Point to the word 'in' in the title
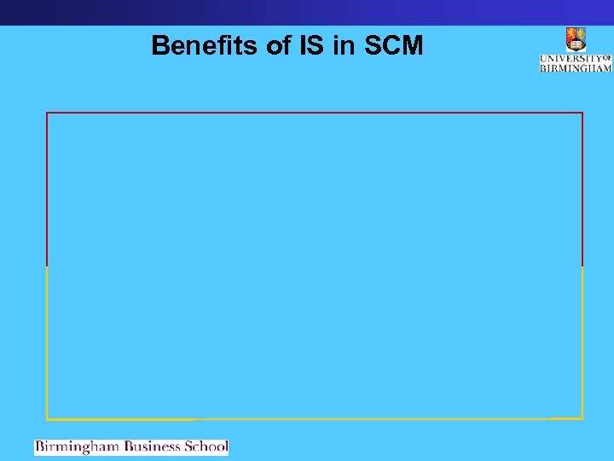[345, 46]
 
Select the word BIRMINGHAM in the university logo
[576, 67]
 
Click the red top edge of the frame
[315, 112]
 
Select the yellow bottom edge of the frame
[315, 419]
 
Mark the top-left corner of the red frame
[47, 112]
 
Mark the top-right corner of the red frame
[582, 112]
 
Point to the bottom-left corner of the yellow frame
[47, 419]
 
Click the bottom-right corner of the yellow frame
[582, 418]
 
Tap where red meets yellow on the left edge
[47, 266]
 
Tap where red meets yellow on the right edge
[582, 266]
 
